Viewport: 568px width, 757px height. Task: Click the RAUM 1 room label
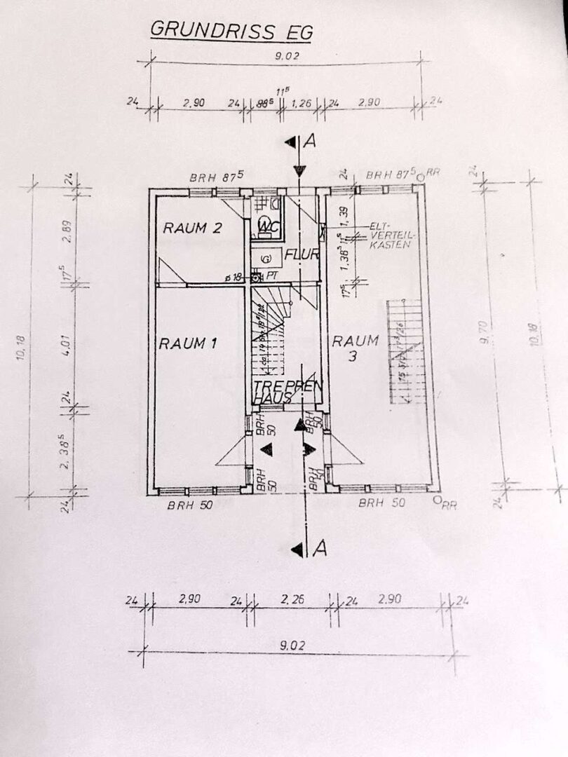click(x=187, y=343)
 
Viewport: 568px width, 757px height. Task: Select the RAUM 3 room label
click(x=356, y=348)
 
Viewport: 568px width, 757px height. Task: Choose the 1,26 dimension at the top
click(x=302, y=103)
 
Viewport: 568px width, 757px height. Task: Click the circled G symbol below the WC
click(x=266, y=259)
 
